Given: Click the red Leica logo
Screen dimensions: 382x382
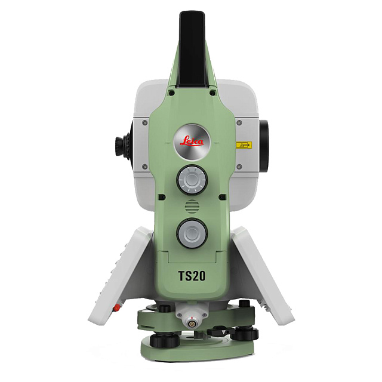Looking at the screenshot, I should (192, 141).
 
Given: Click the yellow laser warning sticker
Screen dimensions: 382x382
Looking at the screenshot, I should (242, 144).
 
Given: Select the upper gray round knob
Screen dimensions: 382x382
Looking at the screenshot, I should (191, 178).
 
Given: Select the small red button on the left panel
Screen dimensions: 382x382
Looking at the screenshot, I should (117, 309).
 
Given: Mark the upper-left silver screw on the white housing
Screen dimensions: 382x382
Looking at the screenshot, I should (144, 121).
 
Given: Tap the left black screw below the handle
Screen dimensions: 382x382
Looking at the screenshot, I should (171, 93).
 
